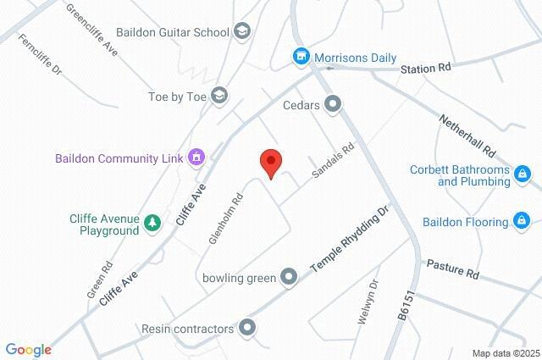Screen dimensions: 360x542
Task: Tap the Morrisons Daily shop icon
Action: tap(300, 58)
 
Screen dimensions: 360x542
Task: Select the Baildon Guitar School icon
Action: tap(243, 32)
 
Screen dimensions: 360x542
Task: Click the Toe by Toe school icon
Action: tap(219, 95)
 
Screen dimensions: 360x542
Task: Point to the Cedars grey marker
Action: tap(334, 106)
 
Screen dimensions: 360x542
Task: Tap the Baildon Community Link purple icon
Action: tap(196, 158)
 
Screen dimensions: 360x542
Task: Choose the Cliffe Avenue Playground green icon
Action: tap(152, 224)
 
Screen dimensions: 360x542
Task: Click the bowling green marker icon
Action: tap(289, 277)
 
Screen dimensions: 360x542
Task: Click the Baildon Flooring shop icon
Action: tap(523, 223)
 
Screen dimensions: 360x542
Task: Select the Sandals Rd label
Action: tap(332, 159)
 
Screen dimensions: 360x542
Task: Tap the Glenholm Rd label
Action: tap(226, 218)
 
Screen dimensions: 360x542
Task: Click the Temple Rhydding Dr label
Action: tap(350, 239)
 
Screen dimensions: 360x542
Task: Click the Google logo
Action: tap(28, 350)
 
